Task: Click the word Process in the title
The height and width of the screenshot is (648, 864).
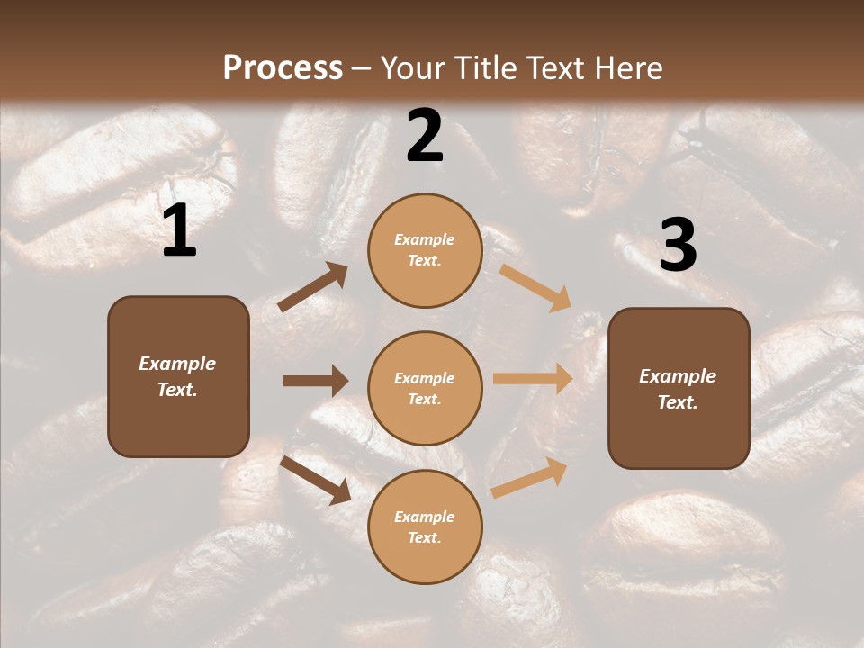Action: pyautogui.click(x=283, y=68)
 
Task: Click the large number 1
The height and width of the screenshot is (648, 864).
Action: pyautogui.click(x=179, y=231)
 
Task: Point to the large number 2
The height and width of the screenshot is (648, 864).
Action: pyautogui.click(x=425, y=136)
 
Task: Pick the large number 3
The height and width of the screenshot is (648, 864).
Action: pyautogui.click(x=678, y=245)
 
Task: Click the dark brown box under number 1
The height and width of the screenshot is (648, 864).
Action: pyautogui.click(x=178, y=376)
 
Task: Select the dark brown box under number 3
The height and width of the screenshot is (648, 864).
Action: pyautogui.click(x=679, y=389)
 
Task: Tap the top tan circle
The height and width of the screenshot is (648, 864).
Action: pyautogui.click(x=425, y=250)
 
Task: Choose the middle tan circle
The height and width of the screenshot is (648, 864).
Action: pyautogui.click(x=425, y=389)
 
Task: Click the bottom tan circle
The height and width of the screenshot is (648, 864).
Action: pyautogui.click(x=425, y=527)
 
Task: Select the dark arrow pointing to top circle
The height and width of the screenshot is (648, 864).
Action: pyautogui.click(x=313, y=287)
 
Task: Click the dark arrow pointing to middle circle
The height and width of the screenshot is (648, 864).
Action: pyautogui.click(x=315, y=381)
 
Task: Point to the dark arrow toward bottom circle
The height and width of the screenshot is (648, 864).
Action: pyautogui.click(x=315, y=480)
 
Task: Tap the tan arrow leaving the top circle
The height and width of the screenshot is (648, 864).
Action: pyautogui.click(x=535, y=287)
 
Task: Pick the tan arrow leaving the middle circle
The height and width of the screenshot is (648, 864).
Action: pyautogui.click(x=533, y=379)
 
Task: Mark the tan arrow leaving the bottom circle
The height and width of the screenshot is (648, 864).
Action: pyautogui.click(x=530, y=477)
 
